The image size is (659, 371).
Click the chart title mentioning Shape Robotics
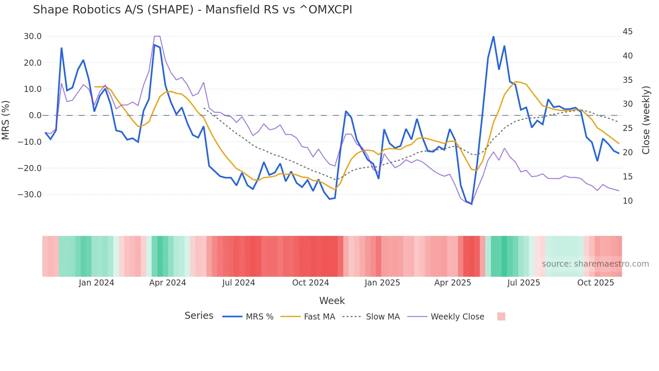[x=192, y=10]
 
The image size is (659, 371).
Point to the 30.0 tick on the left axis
[x=32, y=36]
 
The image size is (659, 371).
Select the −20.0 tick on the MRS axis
[x=30, y=168]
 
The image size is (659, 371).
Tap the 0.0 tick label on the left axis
[x=35, y=115]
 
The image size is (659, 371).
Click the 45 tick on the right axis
[x=627, y=32]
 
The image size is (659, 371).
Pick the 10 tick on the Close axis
[x=627, y=201]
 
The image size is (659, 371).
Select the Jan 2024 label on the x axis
[x=96, y=283]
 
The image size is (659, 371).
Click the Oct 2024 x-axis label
[x=310, y=283]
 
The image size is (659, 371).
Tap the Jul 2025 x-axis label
[x=524, y=283]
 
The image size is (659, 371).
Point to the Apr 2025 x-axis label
[x=453, y=283]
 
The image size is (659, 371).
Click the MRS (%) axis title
[x=6, y=120]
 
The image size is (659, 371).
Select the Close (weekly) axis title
[x=646, y=120]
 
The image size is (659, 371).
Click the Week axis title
[x=332, y=301]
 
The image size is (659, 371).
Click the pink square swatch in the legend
[x=501, y=316]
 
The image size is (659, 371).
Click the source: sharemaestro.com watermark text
[x=595, y=264]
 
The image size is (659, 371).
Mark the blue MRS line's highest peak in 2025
[x=493, y=36]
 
